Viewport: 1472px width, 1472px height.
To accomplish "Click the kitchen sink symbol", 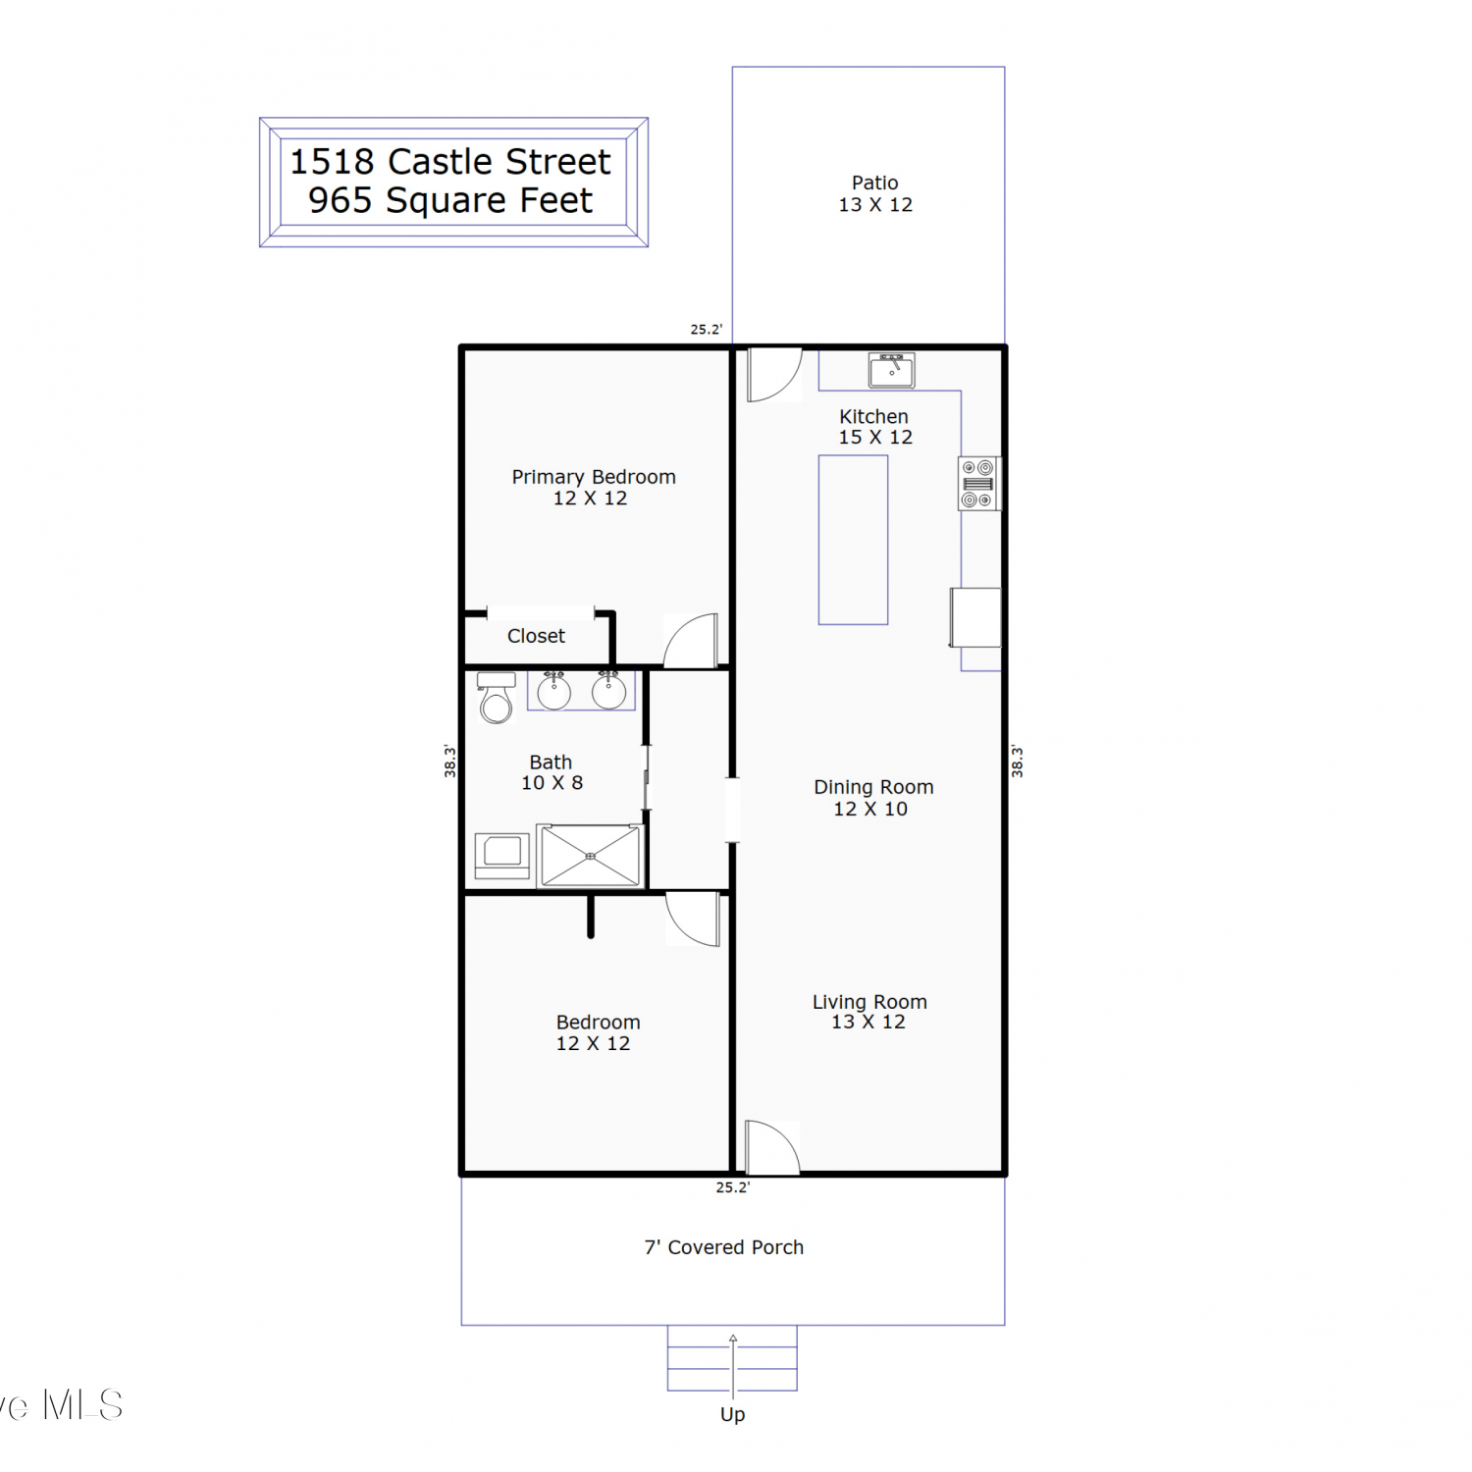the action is [891, 371].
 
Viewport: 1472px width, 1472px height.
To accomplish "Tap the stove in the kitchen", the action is [978, 484].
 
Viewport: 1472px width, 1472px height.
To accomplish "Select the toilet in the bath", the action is [497, 698].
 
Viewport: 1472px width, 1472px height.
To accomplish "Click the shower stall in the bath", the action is [590, 856].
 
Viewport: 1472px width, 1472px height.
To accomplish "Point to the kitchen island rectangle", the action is [854, 540].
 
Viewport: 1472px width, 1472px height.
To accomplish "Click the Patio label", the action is [875, 183].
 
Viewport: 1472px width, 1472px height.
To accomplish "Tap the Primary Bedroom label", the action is [594, 477].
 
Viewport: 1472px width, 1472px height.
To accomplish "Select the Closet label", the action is [536, 636].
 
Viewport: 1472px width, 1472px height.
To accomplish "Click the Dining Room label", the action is [873, 787].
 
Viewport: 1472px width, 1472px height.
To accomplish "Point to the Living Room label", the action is [869, 1002].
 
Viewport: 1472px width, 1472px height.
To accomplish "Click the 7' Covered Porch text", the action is [724, 1247].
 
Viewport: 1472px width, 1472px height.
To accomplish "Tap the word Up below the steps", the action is [733, 1415].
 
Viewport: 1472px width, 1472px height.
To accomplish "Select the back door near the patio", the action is [775, 375].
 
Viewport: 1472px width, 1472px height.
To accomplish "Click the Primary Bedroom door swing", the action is [691, 641].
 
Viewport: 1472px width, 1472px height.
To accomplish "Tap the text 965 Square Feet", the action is [450, 200].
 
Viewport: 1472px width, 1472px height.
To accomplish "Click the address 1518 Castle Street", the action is [450, 161].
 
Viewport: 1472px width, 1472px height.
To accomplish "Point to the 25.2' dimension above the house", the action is [707, 330].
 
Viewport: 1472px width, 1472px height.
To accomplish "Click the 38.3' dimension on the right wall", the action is [1018, 762].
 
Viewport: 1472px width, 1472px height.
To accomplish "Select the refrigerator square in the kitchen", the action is [975, 617].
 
